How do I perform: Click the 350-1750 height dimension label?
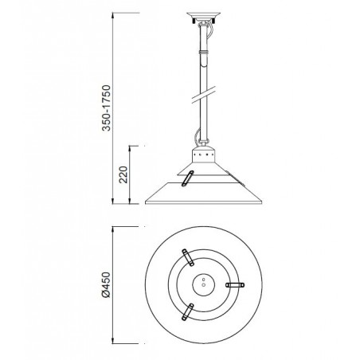click(106, 108)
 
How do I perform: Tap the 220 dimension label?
click(123, 174)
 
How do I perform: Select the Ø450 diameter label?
click(106, 284)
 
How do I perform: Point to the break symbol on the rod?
click(204, 94)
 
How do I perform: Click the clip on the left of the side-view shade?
click(187, 178)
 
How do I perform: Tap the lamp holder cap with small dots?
click(203, 154)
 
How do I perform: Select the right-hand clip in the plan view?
click(235, 285)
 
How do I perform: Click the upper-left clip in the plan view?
click(188, 257)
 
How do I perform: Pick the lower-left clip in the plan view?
click(187, 312)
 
